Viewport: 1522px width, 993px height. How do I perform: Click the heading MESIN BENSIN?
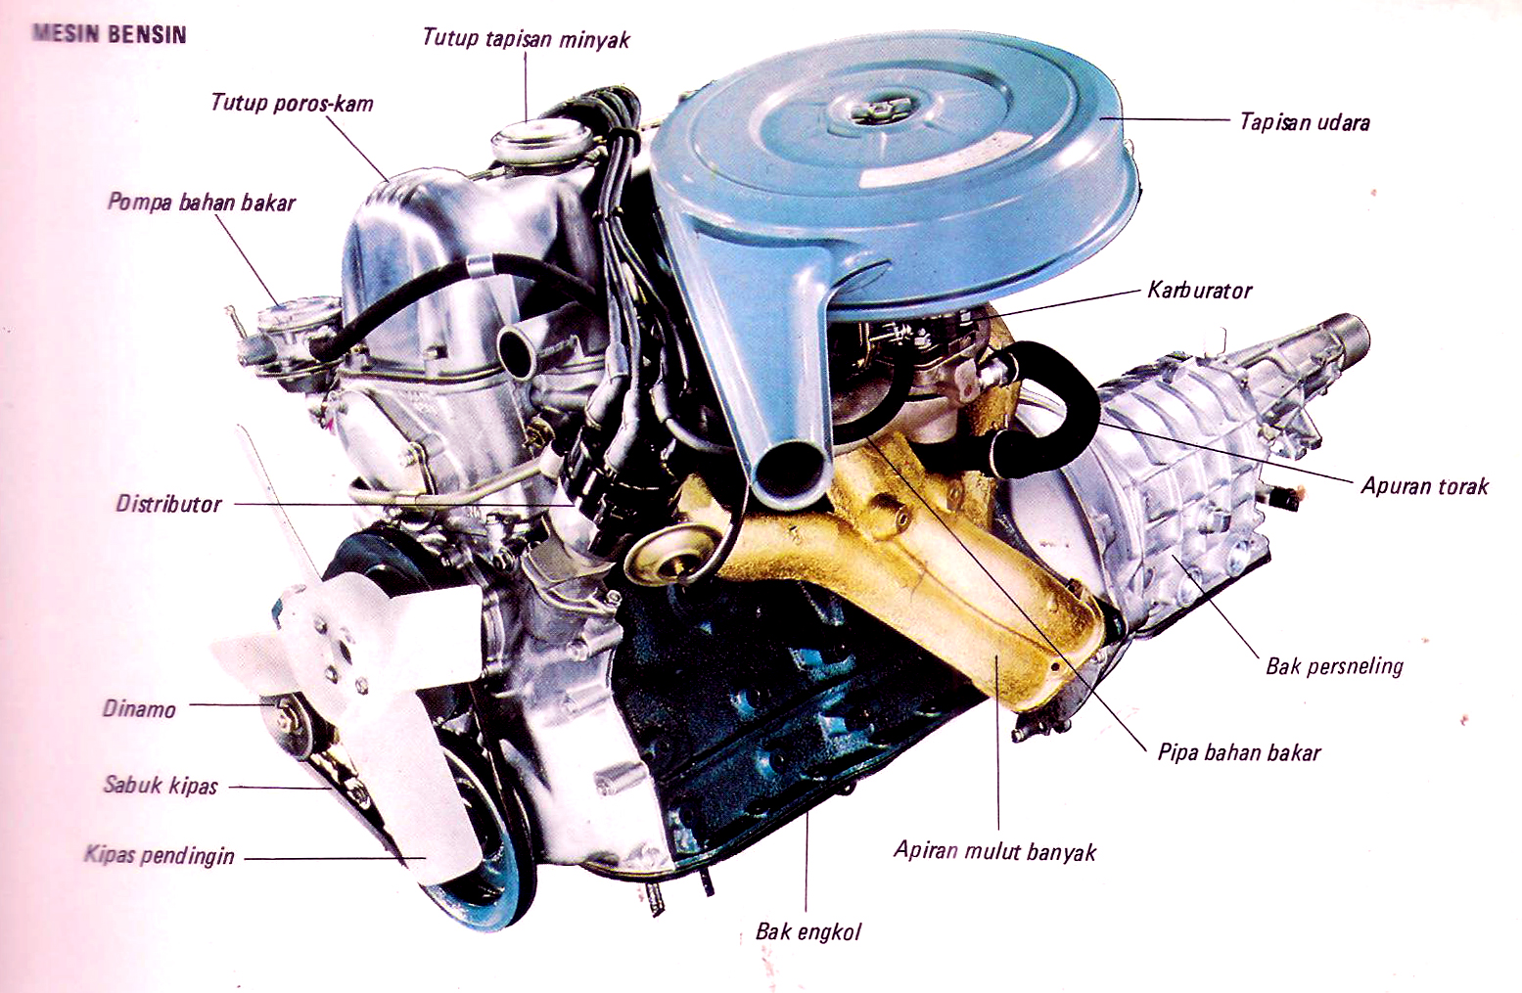(x=110, y=34)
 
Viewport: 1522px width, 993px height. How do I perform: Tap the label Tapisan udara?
(x=1305, y=122)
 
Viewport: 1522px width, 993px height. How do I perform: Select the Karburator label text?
(x=1199, y=291)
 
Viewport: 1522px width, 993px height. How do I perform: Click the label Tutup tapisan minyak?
(x=526, y=39)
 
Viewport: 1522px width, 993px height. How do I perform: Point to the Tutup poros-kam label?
(x=293, y=104)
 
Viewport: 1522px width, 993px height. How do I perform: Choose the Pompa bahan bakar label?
(x=202, y=203)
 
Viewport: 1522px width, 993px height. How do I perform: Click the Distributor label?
(x=168, y=504)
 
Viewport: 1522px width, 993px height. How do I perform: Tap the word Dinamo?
(x=139, y=709)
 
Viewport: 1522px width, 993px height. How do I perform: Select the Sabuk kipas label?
(x=161, y=786)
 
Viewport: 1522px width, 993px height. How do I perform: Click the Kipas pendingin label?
(x=160, y=855)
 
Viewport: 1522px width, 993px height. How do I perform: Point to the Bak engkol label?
(x=807, y=932)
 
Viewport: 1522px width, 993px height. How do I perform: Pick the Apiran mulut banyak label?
(x=994, y=851)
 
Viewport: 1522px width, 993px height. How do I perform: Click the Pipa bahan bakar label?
(x=1239, y=752)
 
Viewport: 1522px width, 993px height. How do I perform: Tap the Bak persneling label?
(x=1334, y=666)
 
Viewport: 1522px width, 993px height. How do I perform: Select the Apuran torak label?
(x=1425, y=486)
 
